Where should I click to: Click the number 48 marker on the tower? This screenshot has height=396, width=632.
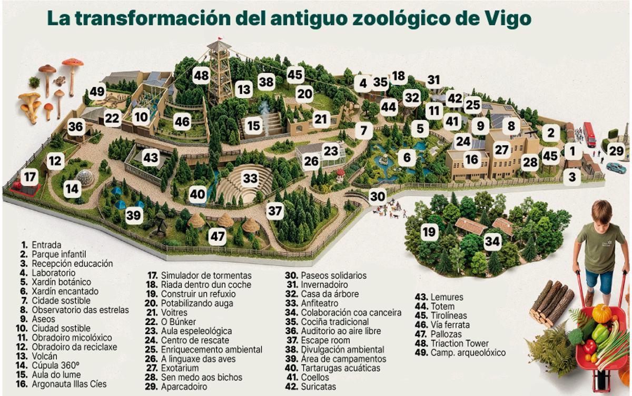[201, 75]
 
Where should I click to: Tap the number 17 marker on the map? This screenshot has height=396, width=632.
[31, 177]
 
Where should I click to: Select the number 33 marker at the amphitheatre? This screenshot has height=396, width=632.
[250, 179]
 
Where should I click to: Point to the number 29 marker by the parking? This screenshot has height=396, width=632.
[616, 150]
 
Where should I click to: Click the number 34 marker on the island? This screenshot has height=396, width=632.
[492, 242]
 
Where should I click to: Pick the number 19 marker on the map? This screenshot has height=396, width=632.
[429, 231]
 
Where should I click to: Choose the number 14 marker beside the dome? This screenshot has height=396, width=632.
[73, 189]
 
